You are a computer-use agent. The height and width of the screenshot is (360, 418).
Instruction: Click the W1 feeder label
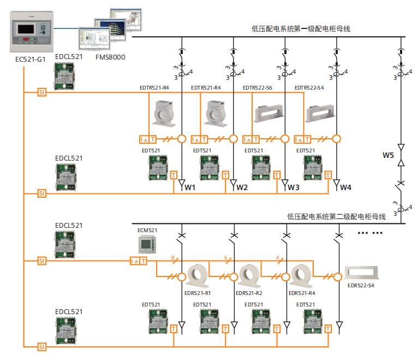pos(190,188)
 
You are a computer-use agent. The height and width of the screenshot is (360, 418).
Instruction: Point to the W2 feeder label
pos(242,188)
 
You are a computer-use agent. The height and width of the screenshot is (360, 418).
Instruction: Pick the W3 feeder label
pos(294,188)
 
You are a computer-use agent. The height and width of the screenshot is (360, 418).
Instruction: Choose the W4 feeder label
pos(346,188)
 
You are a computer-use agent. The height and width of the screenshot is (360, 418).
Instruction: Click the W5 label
pos(388,155)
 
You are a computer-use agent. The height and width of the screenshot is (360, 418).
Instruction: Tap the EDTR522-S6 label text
pos(258,87)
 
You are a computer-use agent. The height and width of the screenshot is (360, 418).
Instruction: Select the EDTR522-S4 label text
pos(309,87)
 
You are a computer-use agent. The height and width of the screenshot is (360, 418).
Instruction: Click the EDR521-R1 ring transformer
pos(198,274)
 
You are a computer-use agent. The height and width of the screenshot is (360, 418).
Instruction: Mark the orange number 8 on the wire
pos(173,257)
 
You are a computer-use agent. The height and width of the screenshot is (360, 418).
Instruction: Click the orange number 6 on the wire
pos(225,257)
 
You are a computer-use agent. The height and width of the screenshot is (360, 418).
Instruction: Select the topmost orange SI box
pos(42,92)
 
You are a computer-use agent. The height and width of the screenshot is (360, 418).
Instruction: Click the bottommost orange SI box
pos(42,346)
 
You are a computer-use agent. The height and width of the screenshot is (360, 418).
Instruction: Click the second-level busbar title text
pos(336,217)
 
